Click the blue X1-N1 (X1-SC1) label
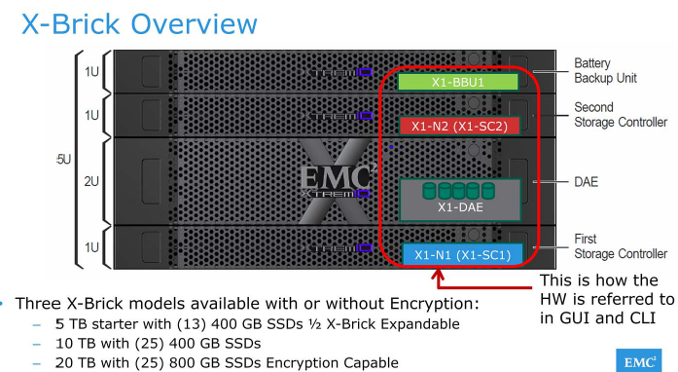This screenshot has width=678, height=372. point(462,254)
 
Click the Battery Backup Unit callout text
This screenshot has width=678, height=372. point(603,67)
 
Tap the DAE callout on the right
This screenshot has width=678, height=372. point(588,181)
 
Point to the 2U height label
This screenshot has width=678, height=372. point(90,181)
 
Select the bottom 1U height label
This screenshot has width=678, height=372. point(90,247)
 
